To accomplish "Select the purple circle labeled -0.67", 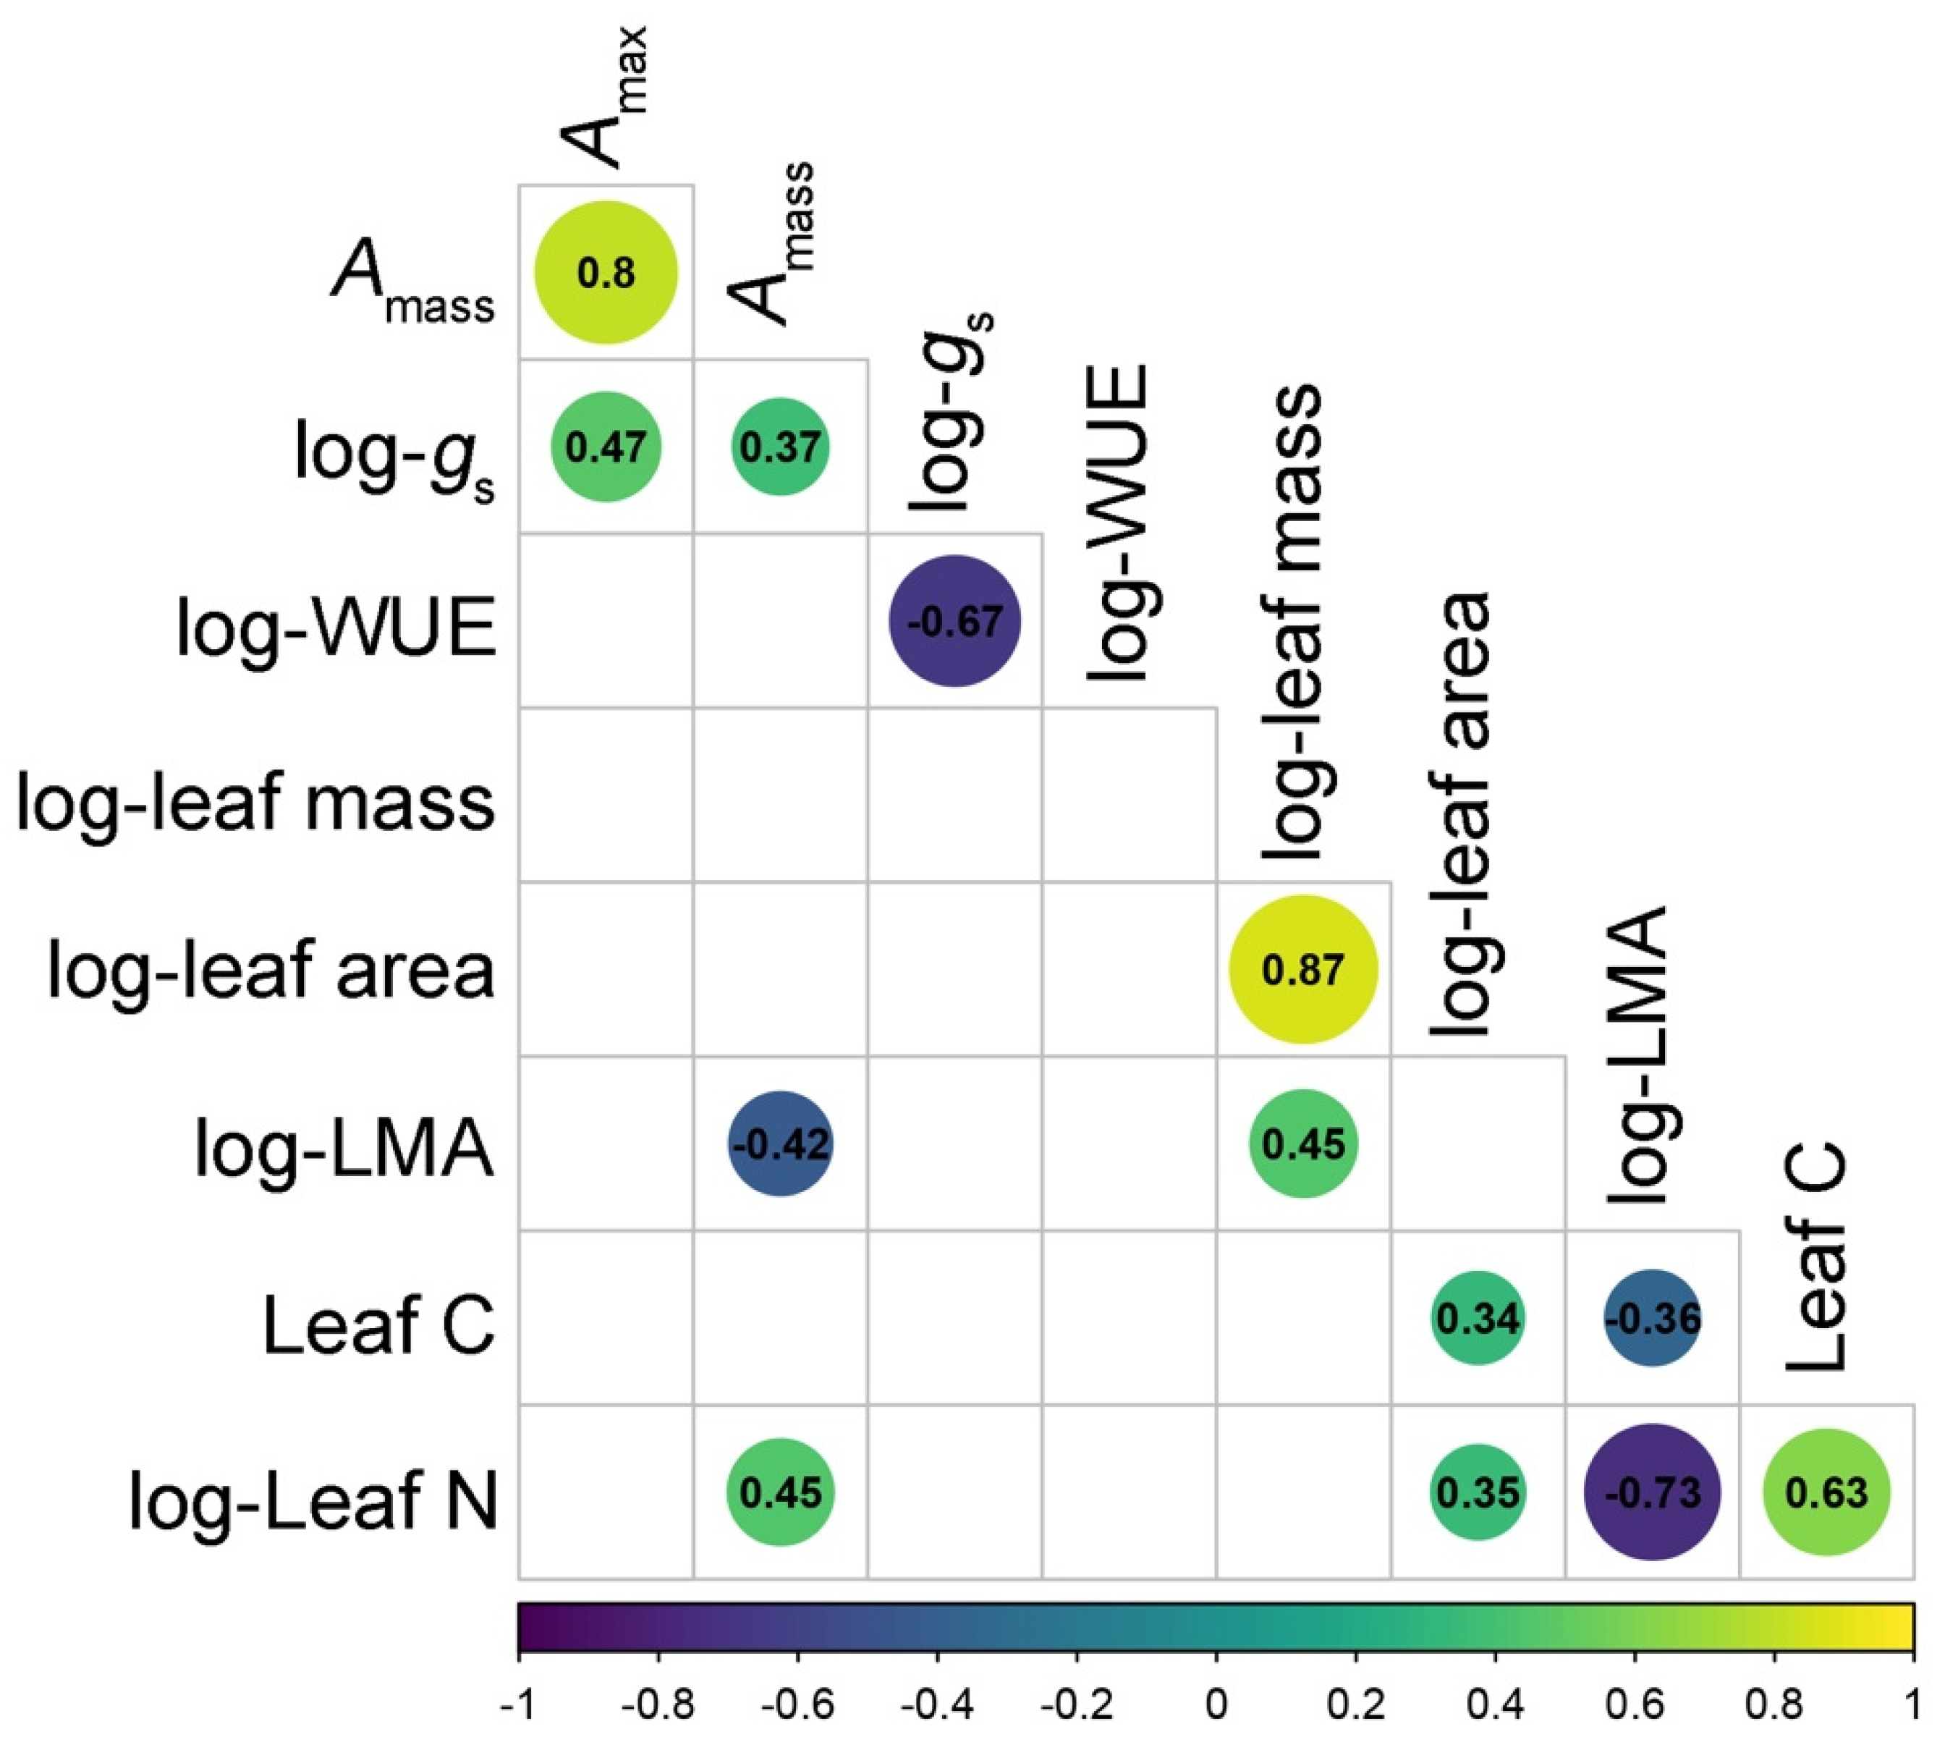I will (954, 621).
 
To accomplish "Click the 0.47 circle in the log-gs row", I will (606, 447).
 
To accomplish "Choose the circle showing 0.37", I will (780, 447).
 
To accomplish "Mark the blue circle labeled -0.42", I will (780, 1144).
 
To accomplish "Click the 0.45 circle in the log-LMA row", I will (1304, 1144).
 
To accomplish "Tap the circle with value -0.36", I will (1652, 1318).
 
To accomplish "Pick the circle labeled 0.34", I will (1478, 1318).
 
